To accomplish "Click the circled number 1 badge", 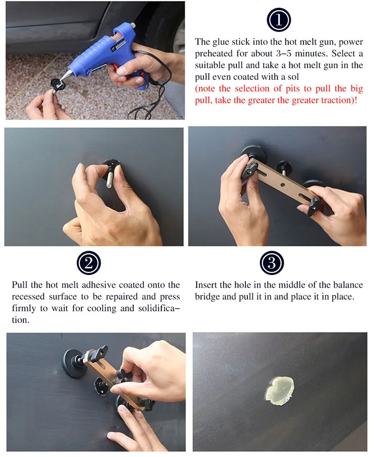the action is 279,20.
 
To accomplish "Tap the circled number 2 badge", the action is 89,263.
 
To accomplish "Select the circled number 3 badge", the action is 272,263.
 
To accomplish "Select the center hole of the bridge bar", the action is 283,185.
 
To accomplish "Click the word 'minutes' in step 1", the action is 310,54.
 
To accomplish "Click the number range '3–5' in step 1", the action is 283,54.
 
